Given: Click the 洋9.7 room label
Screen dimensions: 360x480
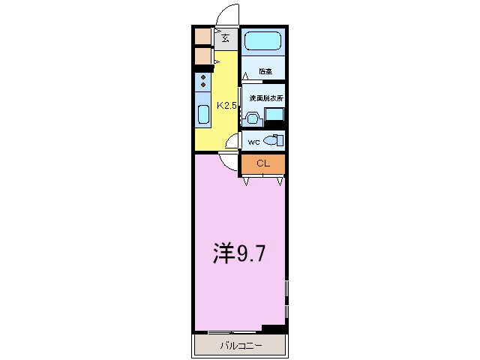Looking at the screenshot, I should click(239, 255).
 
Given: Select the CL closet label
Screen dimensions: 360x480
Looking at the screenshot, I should click(262, 163).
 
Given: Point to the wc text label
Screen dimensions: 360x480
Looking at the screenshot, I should click(253, 140).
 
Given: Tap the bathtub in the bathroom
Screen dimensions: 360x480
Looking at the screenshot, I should click(262, 40).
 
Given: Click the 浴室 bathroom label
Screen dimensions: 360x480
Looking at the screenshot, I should click(265, 72).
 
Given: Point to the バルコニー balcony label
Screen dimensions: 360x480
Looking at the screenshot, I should click(241, 346).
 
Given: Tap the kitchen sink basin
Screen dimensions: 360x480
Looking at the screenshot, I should click(203, 115).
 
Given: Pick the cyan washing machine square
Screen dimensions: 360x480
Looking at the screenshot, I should click(274, 115).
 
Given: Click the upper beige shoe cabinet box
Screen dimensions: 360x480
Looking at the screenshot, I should click(202, 36).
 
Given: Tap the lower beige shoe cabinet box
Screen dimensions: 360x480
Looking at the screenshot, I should click(202, 56).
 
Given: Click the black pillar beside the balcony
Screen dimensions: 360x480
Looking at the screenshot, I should click(274, 328).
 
